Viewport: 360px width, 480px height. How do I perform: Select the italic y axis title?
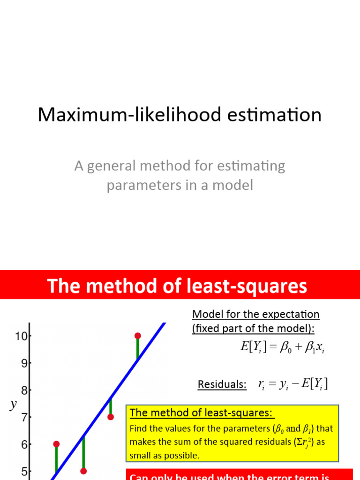point(13,405)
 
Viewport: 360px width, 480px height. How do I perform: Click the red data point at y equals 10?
point(137,336)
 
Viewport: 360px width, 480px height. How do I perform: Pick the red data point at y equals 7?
point(111,417)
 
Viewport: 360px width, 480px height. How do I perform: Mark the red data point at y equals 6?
point(56,444)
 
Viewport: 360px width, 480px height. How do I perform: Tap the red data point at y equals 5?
point(83,471)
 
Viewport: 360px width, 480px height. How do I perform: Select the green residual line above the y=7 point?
point(111,407)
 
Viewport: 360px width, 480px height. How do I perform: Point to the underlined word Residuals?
point(222,384)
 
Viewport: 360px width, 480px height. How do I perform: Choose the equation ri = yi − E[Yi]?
point(293,384)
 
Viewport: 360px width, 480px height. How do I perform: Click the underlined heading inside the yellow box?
point(202,413)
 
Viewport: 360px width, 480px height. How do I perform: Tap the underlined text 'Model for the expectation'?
point(255,314)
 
